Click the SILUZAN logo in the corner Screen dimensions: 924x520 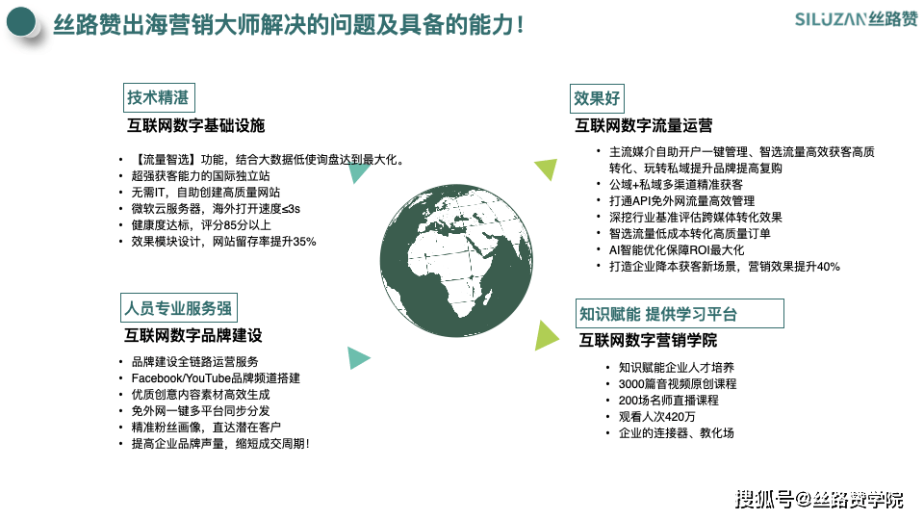click(856, 19)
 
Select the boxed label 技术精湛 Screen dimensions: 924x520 click(159, 98)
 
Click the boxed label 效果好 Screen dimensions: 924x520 click(598, 98)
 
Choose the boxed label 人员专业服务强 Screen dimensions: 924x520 click(179, 308)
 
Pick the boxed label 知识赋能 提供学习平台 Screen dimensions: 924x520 click(680, 314)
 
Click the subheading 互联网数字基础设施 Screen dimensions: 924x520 click(196, 125)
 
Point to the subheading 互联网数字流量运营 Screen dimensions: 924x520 click(644, 125)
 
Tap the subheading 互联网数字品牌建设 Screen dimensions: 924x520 click(193, 335)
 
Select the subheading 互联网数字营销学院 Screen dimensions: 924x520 click(648, 340)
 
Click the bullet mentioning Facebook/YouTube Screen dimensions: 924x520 click(216, 377)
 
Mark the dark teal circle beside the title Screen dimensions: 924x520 click(21, 22)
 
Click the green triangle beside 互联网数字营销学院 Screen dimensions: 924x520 click(546, 335)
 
